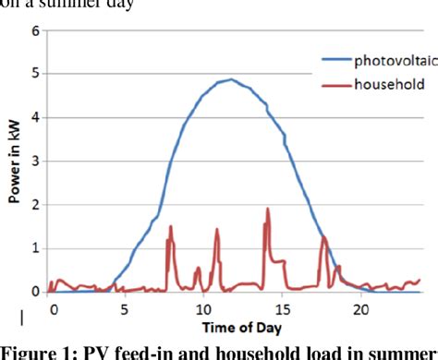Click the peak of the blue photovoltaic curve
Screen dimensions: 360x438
tap(231, 79)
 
